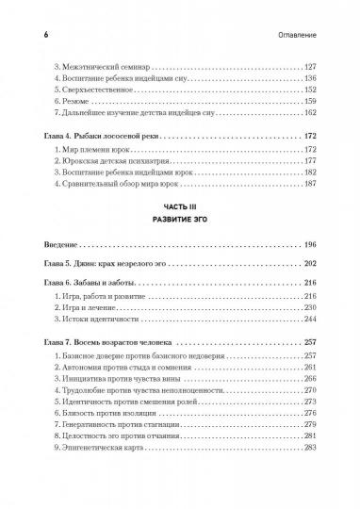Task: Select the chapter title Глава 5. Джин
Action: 90,263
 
